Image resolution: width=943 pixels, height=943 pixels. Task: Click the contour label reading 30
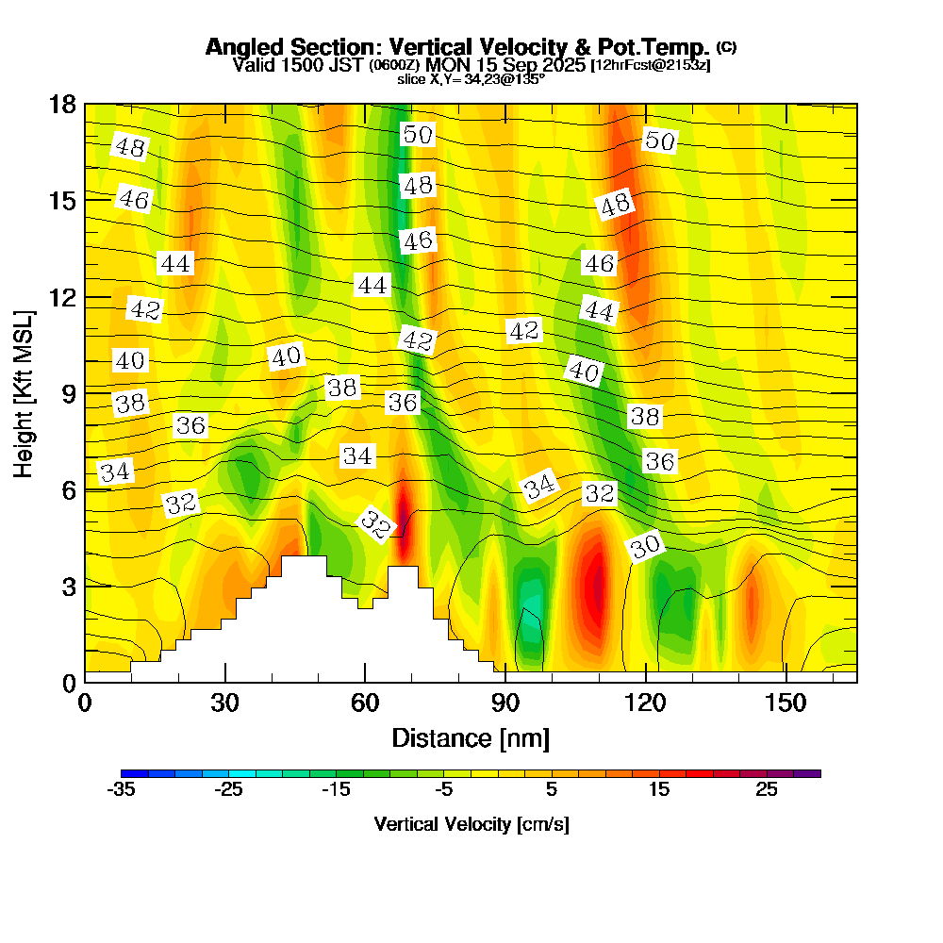pyautogui.click(x=646, y=546)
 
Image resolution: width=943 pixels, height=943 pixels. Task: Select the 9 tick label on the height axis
pyautogui.click(x=64, y=391)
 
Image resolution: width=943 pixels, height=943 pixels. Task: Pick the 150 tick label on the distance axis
pyautogui.click(x=786, y=703)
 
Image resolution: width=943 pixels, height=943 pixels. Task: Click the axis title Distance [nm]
pyautogui.click(x=471, y=737)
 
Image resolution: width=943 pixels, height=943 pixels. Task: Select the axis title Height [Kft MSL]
pyautogui.click(x=24, y=392)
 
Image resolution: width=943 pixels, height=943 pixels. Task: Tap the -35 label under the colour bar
pyautogui.click(x=122, y=790)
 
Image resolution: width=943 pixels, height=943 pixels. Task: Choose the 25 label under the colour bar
pyautogui.click(x=766, y=790)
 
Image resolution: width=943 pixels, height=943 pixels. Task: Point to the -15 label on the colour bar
pyautogui.click(x=337, y=790)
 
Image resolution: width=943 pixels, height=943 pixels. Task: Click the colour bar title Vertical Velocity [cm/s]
pyautogui.click(x=471, y=824)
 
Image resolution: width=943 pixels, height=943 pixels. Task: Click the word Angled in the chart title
pyautogui.click(x=240, y=47)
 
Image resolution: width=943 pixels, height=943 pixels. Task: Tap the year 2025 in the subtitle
pyautogui.click(x=559, y=65)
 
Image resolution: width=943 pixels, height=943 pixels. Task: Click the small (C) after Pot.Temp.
pyautogui.click(x=727, y=46)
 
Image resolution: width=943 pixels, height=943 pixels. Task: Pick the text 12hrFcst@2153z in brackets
pyautogui.click(x=650, y=65)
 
